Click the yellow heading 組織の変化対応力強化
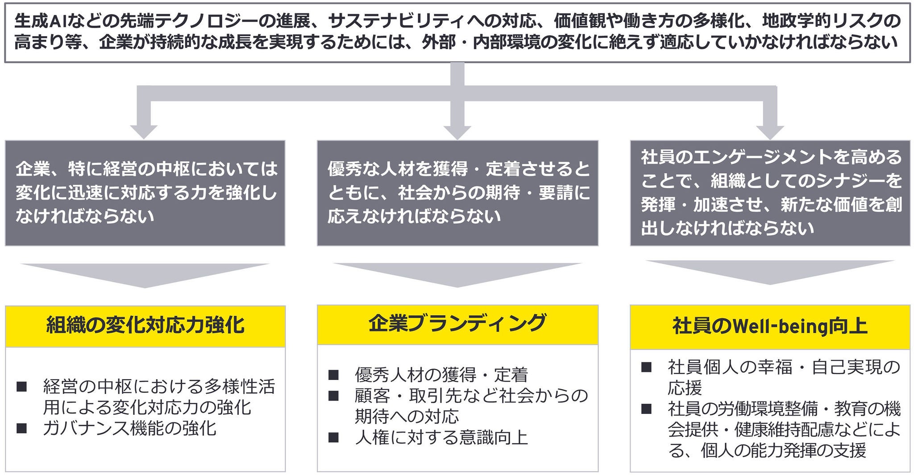145,326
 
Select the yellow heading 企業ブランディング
457,323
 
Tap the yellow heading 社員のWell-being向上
770,326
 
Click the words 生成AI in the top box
41,21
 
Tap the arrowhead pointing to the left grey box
144,131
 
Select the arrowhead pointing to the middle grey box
457,131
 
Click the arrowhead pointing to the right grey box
770,131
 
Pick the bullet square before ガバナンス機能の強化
21,429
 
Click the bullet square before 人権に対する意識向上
333,437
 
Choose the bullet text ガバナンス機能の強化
130,429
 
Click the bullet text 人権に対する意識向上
441,437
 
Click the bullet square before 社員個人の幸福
646,367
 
